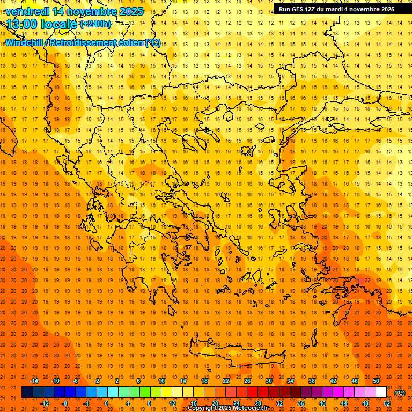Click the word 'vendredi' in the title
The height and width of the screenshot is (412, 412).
[x=27, y=11]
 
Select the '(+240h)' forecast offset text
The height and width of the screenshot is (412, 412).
[x=95, y=24]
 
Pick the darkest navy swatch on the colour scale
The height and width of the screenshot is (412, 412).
[x=27, y=392]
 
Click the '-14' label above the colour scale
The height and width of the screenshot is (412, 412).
[x=34, y=381]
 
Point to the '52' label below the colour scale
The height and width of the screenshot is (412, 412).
[x=387, y=403]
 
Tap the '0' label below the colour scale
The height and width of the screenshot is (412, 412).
[x=106, y=403]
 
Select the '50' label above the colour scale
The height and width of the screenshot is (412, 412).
[x=376, y=381]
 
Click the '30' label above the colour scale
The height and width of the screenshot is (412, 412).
[x=268, y=381]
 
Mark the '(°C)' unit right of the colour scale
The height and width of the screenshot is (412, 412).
[x=400, y=393]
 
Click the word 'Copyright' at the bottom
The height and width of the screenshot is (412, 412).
[x=202, y=408]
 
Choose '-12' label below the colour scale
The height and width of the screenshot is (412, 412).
[x=45, y=403]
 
